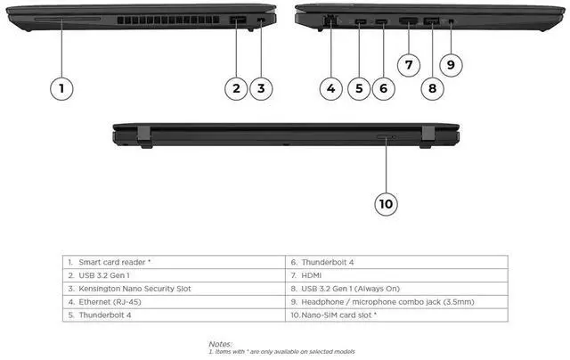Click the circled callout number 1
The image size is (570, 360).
(61, 87)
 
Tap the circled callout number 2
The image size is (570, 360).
(236, 87)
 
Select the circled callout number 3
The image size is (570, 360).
(260, 87)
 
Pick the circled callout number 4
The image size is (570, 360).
(331, 87)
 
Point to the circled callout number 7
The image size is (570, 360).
(408, 63)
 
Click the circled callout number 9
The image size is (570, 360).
(451, 63)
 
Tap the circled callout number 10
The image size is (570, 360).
(385, 203)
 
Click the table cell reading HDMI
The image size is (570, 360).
(312, 275)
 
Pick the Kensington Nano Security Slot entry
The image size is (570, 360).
(134, 289)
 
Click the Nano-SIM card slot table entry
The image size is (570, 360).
(339, 315)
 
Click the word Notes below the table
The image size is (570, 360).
(220, 342)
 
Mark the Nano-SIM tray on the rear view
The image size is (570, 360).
(386, 137)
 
